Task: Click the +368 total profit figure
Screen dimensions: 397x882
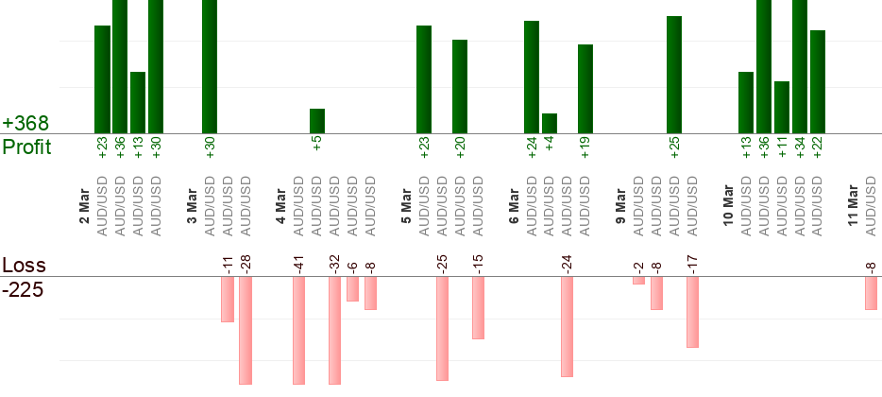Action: click(25, 124)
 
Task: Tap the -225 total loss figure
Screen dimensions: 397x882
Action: click(23, 289)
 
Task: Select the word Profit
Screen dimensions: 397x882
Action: click(26, 147)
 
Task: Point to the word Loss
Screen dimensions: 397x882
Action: click(24, 265)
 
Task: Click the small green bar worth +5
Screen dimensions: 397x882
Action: click(317, 121)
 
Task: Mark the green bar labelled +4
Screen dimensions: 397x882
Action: click(550, 123)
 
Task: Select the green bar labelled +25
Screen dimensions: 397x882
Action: click(674, 75)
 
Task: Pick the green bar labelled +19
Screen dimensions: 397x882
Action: click(585, 89)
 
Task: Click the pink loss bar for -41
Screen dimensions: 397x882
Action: click(299, 330)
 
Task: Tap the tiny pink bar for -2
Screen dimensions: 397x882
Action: click(639, 281)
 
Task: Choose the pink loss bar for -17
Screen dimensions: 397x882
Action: click(693, 312)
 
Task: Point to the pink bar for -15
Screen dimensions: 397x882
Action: click(478, 307)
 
